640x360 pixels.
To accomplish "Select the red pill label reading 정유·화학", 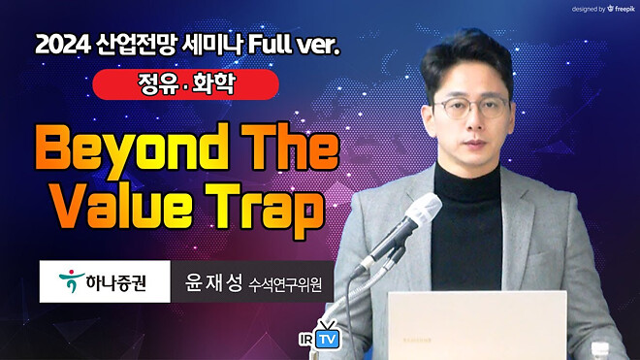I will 185,84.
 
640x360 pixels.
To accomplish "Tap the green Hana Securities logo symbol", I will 68,282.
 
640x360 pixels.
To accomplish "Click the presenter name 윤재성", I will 209,284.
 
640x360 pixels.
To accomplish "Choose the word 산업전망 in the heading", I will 153,45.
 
